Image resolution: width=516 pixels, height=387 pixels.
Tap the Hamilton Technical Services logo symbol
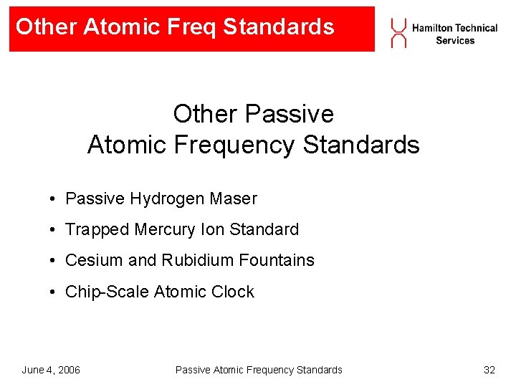[398, 33]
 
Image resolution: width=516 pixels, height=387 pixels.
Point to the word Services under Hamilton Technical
[455, 41]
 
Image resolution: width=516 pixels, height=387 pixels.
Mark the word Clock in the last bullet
[233, 292]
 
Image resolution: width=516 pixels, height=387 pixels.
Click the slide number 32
[489, 370]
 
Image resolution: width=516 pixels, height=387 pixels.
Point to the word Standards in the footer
[319, 370]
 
